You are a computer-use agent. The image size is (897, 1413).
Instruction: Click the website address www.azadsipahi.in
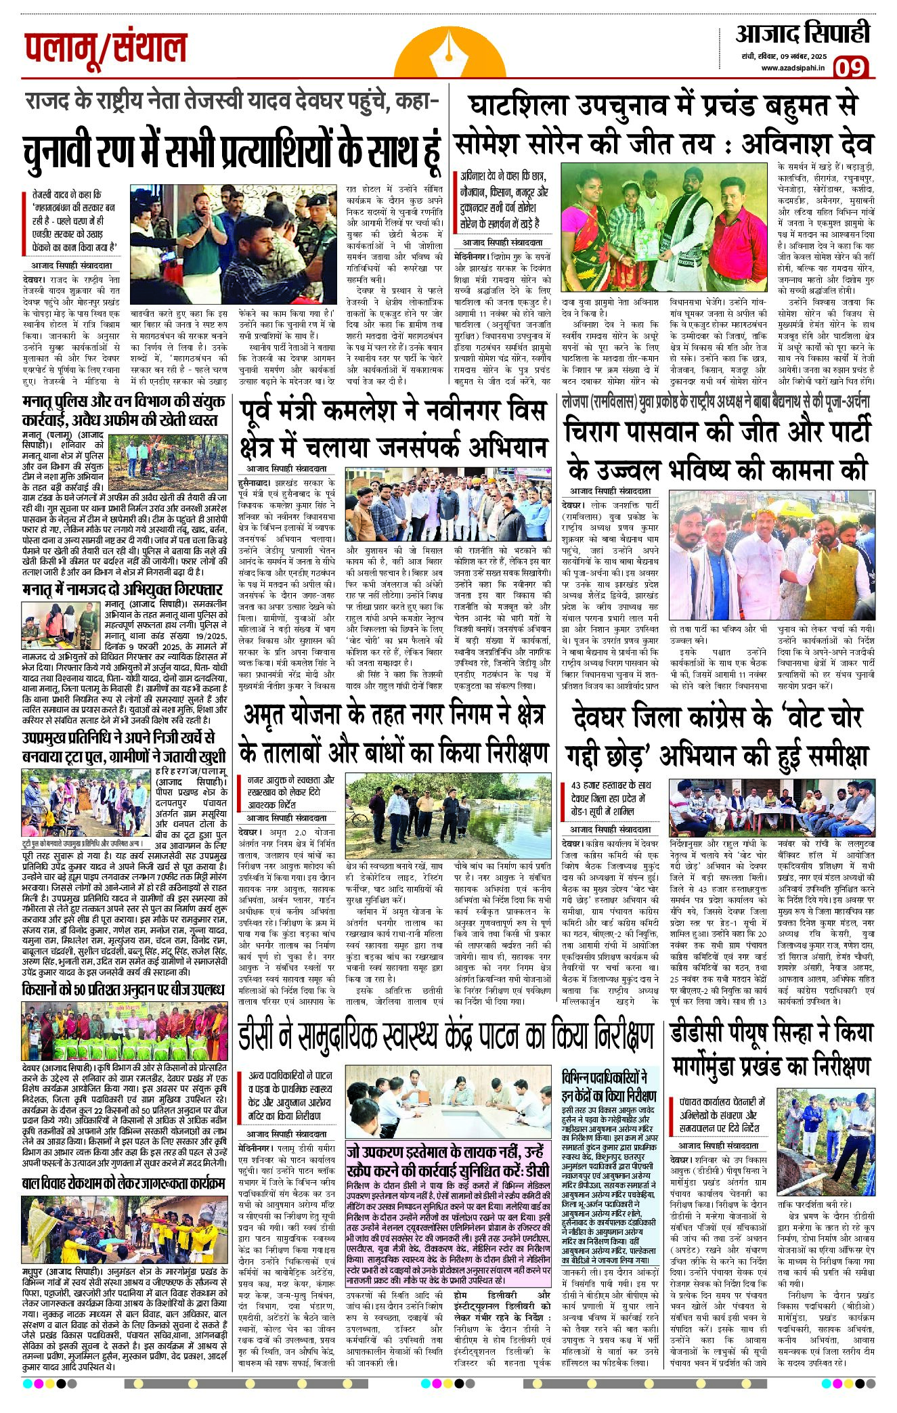[793, 67]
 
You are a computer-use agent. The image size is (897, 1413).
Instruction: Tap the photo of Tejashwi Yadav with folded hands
[233, 244]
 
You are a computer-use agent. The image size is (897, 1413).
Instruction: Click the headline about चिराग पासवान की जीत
[716, 451]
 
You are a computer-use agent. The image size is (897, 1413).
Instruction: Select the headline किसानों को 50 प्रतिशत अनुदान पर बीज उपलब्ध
[123, 990]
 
